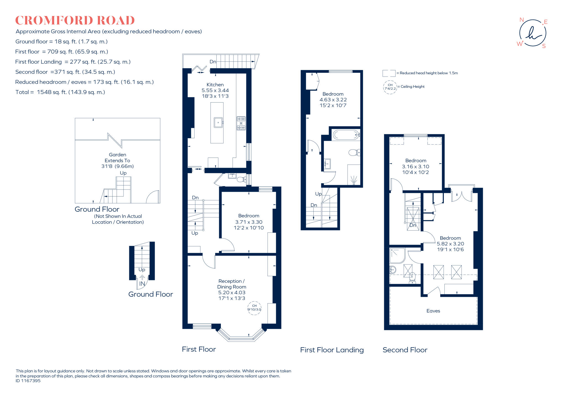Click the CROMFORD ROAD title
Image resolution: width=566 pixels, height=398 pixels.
coord(75,20)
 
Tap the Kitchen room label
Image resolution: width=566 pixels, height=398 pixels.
coord(215,85)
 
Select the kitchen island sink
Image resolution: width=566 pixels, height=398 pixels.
coord(218,122)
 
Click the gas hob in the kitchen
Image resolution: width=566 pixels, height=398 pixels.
coord(241,123)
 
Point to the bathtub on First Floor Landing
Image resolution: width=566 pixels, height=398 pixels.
coord(346,135)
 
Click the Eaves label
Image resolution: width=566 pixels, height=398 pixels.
coord(433,311)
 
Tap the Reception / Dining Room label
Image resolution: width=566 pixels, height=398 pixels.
coord(232,284)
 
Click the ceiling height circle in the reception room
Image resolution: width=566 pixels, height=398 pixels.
coord(254,308)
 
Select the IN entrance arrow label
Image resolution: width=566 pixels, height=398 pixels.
coord(142,284)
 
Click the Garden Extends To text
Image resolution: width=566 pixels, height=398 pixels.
coord(117,158)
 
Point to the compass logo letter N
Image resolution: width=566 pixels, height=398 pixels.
coord(522,20)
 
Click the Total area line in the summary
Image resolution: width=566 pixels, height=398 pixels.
coord(60,92)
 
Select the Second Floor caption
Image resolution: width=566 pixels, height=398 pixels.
coord(405,350)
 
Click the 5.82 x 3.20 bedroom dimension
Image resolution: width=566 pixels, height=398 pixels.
coord(450,244)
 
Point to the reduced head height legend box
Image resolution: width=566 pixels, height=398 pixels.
coord(389,73)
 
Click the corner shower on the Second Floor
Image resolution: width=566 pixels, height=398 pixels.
coord(397,256)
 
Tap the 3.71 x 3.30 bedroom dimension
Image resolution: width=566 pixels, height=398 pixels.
coord(249,222)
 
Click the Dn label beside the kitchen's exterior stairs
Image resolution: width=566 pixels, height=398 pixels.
coord(213,62)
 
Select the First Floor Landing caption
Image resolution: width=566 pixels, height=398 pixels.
coord(332,350)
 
